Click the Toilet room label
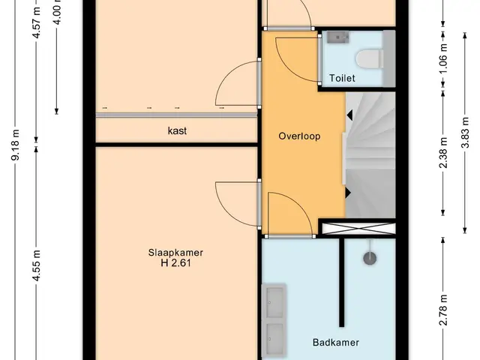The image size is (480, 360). coord(342,78)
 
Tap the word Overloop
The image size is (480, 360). coord(299,136)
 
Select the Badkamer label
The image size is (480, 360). coord(335,342)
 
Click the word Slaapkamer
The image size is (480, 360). coord(175,253)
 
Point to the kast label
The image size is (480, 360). coord(177,130)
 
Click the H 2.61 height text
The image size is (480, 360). coord(175,263)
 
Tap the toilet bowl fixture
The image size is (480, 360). coord(370,58)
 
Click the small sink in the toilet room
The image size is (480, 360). coord(338,37)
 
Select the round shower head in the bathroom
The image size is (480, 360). coord(370,258)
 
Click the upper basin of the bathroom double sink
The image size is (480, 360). coord(274,302)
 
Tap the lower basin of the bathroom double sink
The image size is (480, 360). coord(274,338)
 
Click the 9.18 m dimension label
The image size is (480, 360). coord(15,145)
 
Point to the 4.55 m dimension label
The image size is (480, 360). coord(36,265)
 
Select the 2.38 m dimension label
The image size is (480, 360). coord(443,153)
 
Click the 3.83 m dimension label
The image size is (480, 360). coord(465,133)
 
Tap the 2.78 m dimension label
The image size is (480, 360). coord(443,310)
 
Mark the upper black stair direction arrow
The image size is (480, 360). coord(349,115)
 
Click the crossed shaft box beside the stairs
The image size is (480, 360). coord(359,229)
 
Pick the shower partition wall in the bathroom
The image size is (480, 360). coord(341,282)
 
